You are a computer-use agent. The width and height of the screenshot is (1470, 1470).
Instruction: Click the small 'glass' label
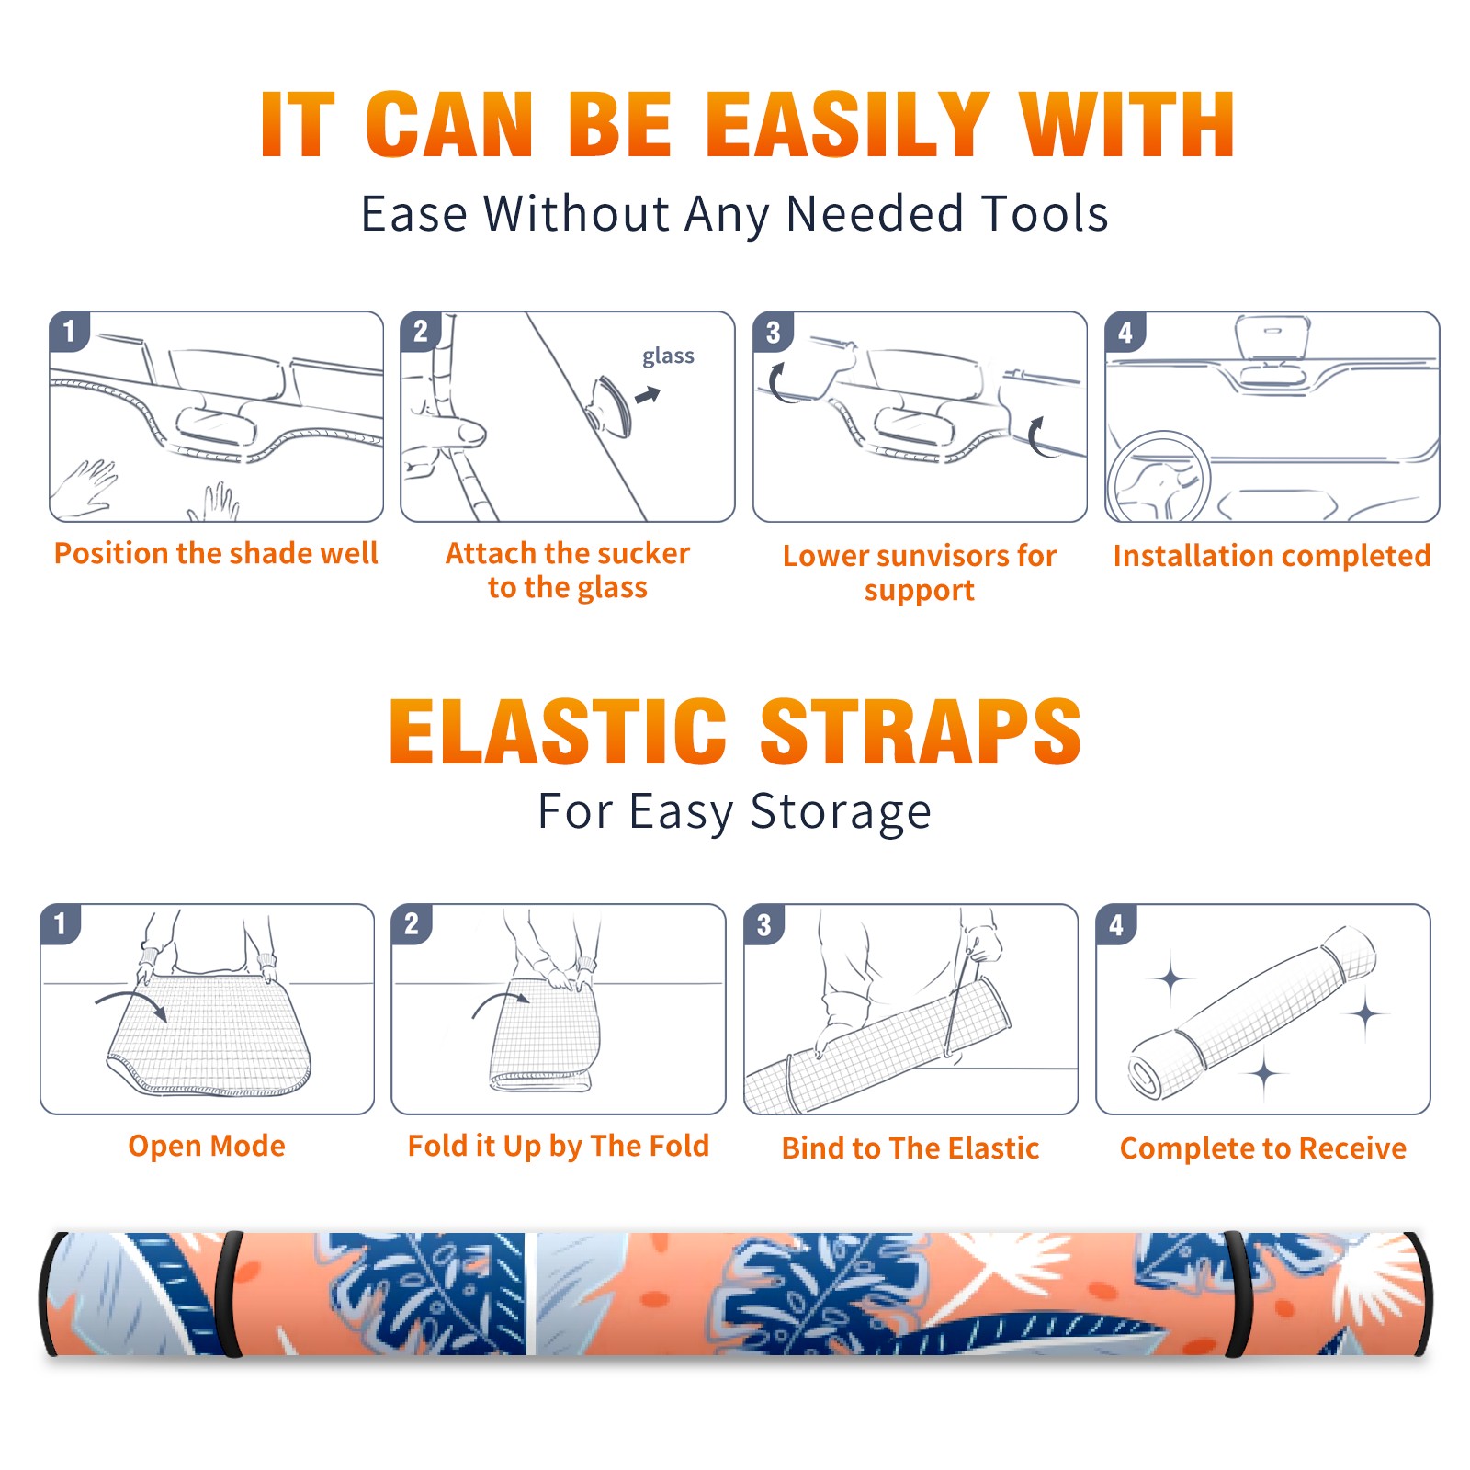pyautogui.click(x=668, y=356)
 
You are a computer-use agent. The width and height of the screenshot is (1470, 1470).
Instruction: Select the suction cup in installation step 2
pyautogui.click(x=611, y=405)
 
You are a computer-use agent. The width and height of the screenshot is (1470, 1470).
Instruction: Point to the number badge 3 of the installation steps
pyautogui.click(x=773, y=332)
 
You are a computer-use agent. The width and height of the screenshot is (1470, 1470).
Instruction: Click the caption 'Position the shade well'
pyautogui.click(x=216, y=553)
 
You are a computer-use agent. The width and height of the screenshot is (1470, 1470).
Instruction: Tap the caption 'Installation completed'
pyautogui.click(x=1272, y=555)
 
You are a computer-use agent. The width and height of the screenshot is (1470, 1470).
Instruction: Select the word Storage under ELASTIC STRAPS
pyautogui.click(x=841, y=813)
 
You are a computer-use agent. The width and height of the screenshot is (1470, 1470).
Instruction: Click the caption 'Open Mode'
pyautogui.click(x=207, y=1146)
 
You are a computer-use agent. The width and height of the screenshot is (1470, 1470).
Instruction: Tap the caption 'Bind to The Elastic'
pyautogui.click(x=910, y=1148)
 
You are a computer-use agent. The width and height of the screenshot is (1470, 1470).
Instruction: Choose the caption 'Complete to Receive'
pyautogui.click(x=1262, y=1148)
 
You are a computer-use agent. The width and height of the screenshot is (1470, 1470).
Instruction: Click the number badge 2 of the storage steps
pyautogui.click(x=411, y=923)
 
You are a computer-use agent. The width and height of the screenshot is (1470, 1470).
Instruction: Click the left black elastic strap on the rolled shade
pyautogui.click(x=230, y=1294)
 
